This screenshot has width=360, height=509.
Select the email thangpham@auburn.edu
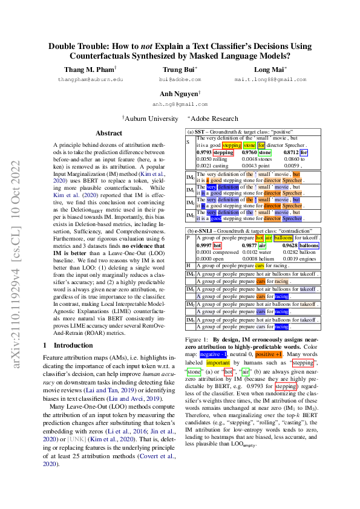90,79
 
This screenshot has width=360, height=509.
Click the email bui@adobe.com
175,79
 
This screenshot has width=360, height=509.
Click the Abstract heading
109,133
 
